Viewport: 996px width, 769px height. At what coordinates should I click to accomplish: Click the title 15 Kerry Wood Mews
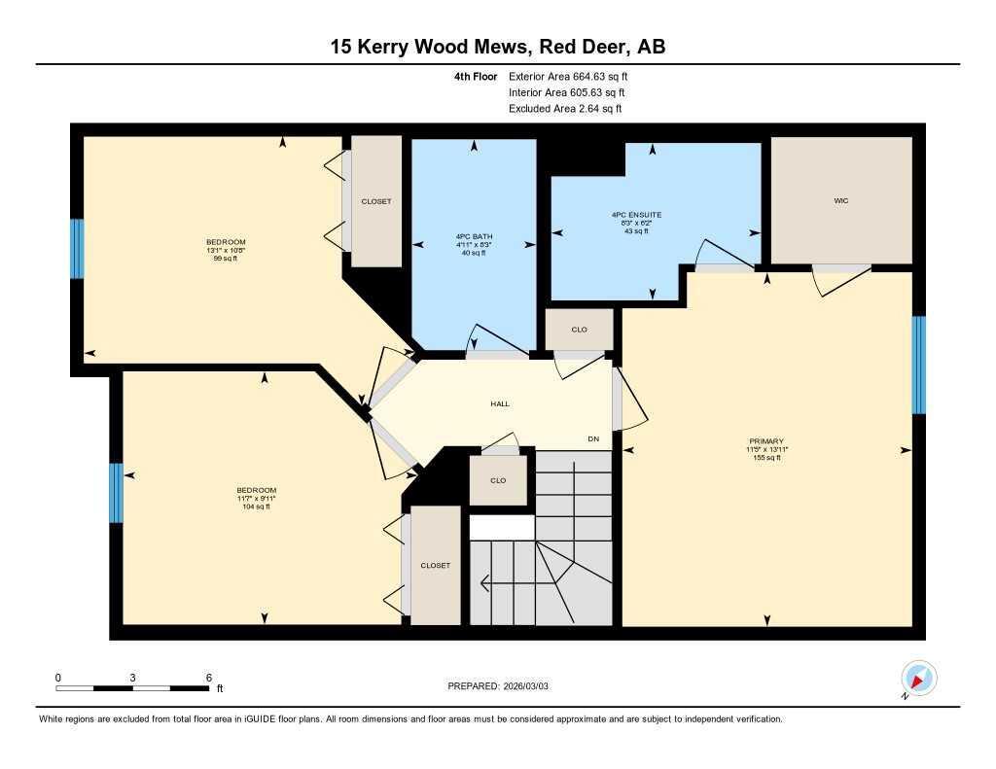pyautogui.click(x=497, y=47)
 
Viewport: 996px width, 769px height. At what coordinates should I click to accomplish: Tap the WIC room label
pyautogui.click(x=841, y=200)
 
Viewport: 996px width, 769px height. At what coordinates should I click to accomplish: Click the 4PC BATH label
pyautogui.click(x=474, y=236)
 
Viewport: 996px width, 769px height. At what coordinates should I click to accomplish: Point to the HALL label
pyautogui.click(x=499, y=403)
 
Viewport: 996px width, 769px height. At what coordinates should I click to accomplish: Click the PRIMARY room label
pyautogui.click(x=766, y=440)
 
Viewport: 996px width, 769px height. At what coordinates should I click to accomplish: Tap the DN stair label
pyautogui.click(x=593, y=439)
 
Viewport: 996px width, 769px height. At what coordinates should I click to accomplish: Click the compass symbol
pyautogui.click(x=918, y=678)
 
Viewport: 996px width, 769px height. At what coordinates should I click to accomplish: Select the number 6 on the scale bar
pyautogui.click(x=208, y=677)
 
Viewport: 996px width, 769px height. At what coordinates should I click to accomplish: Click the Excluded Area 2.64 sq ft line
pyautogui.click(x=565, y=109)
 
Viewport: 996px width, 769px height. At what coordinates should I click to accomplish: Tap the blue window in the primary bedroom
pyautogui.click(x=918, y=365)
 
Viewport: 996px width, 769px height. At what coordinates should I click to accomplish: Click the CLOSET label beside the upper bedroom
pyautogui.click(x=376, y=201)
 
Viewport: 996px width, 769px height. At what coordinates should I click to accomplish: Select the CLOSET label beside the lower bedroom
pyautogui.click(x=436, y=565)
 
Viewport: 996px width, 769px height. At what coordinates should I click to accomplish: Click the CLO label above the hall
pyautogui.click(x=579, y=330)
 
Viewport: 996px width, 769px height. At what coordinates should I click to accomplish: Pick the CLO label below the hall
pyautogui.click(x=498, y=480)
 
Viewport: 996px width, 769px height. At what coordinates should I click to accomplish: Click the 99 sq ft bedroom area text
pyautogui.click(x=226, y=259)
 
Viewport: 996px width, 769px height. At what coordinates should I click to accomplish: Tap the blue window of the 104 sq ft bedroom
pyautogui.click(x=116, y=493)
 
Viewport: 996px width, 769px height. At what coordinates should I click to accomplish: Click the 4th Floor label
pyautogui.click(x=475, y=76)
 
